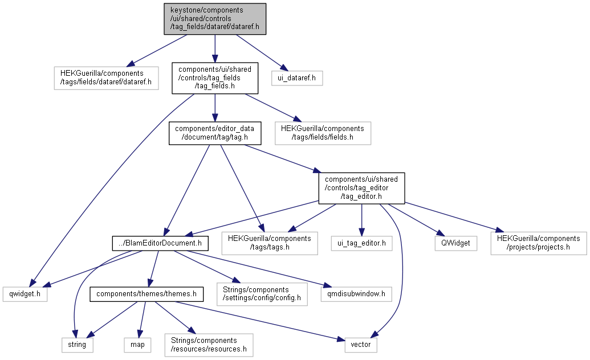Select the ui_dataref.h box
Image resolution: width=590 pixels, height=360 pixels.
pyautogui.click(x=297, y=77)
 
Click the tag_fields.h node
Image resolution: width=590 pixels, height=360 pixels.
pyautogui.click(x=215, y=77)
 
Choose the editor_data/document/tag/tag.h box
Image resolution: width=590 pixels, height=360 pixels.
pyautogui.click(x=215, y=133)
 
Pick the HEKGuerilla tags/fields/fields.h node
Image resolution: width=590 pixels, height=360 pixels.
pyautogui.click(x=323, y=133)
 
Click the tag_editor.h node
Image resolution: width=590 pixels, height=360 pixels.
pyautogui.click(x=361, y=188)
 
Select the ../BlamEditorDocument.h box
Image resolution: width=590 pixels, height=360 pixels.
pyautogui.click(x=159, y=243)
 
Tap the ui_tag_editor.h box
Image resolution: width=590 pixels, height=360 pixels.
pyautogui.click(x=361, y=243)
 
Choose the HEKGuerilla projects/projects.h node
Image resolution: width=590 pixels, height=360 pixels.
pyautogui.click(x=538, y=243)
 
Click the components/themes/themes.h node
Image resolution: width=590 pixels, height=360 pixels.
pyautogui.click(x=147, y=294)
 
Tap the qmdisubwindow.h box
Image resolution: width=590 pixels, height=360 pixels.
pyautogui.click(x=356, y=294)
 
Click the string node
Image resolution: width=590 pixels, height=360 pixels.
pyautogui.click(x=77, y=344)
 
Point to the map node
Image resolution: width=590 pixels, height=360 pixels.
pyautogui.click(x=137, y=344)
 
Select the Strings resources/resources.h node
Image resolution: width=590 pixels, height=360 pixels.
pyautogui.click(x=209, y=344)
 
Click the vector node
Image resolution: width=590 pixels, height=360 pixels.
pyautogui.click(x=360, y=344)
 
